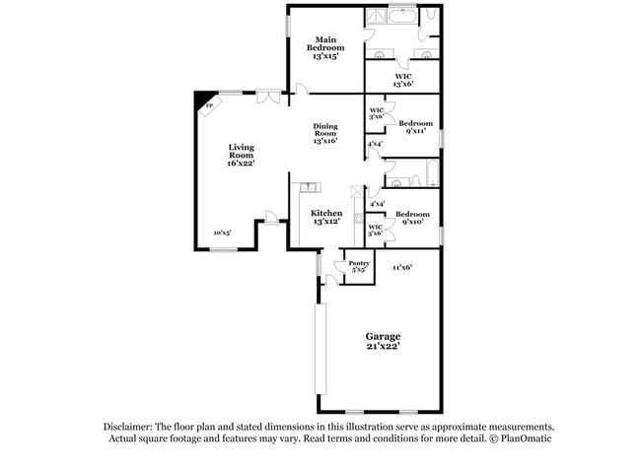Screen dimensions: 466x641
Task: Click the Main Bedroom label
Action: (x=325, y=47)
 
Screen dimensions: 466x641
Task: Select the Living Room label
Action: (x=241, y=155)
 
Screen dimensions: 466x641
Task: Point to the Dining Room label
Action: (x=325, y=133)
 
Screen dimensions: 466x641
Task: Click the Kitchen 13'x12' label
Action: (x=326, y=218)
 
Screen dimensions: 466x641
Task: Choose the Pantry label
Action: (x=358, y=266)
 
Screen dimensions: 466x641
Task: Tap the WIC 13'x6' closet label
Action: (x=402, y=80)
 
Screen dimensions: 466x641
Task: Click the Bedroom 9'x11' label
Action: (x=416, y=127)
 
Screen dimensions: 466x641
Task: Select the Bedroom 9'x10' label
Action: (x=412, y=218)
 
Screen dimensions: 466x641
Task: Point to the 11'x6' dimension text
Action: (x=401, y=267)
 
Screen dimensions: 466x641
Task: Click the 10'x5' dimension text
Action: (x=222, y=233)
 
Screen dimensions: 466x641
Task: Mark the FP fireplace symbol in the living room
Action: (x=208, y=103)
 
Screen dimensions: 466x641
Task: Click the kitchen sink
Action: (x=310, y=186)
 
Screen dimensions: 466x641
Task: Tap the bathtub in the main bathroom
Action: (x=402, y=16)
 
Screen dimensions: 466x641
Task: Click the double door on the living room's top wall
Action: (x=266, y=96)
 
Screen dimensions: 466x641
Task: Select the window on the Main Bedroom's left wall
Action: (x=287, y=24)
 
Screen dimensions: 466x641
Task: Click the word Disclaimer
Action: (x=128, y=427)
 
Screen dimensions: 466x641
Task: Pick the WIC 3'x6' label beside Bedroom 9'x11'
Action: (x=376, y=114)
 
